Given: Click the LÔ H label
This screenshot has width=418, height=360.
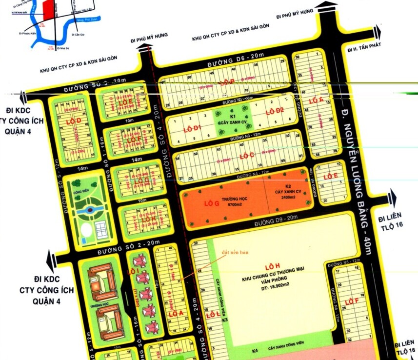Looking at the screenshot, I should click(x=269, y=267).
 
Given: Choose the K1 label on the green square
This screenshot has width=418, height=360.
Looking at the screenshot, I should click(x=233, y=117).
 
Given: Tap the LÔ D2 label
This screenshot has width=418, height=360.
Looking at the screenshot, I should click(x=274, y=111).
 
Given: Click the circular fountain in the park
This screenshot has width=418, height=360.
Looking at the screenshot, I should click(x=89, y=210).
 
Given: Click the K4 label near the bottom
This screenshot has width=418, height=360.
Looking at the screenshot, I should click(x=255, y=350).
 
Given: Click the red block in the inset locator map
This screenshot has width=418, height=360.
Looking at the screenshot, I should click(x=47, y=8).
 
